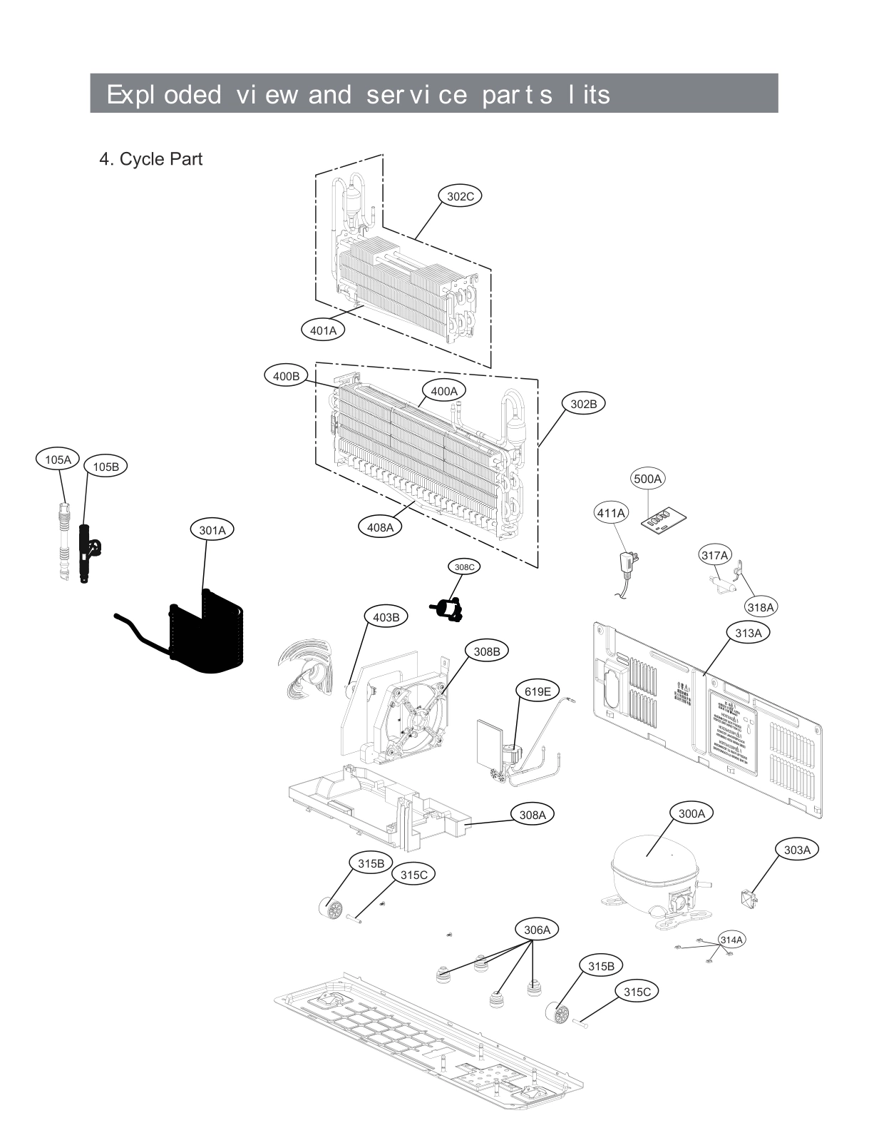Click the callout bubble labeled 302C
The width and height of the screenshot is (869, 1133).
[x=460, y=195]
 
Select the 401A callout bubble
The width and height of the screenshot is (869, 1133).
[x=323, y=330]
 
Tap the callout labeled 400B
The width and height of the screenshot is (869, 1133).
[x=287, y=375]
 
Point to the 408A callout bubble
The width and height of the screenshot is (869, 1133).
[x=380, y=527]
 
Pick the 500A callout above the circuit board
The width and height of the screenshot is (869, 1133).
[x=647, y=479]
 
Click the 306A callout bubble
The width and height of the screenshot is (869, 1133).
[x=537, y=930]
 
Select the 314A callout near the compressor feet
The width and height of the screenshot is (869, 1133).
[x=731, y=940]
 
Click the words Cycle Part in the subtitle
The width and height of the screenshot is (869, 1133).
[x=160, y=159]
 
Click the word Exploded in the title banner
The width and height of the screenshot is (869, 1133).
[x=163, y=94]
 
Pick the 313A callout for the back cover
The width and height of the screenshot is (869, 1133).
[x=749, y=633]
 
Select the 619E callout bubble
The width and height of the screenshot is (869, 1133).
[x=538, y=691]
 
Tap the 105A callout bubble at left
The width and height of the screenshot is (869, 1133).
[x=58, y=459]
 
